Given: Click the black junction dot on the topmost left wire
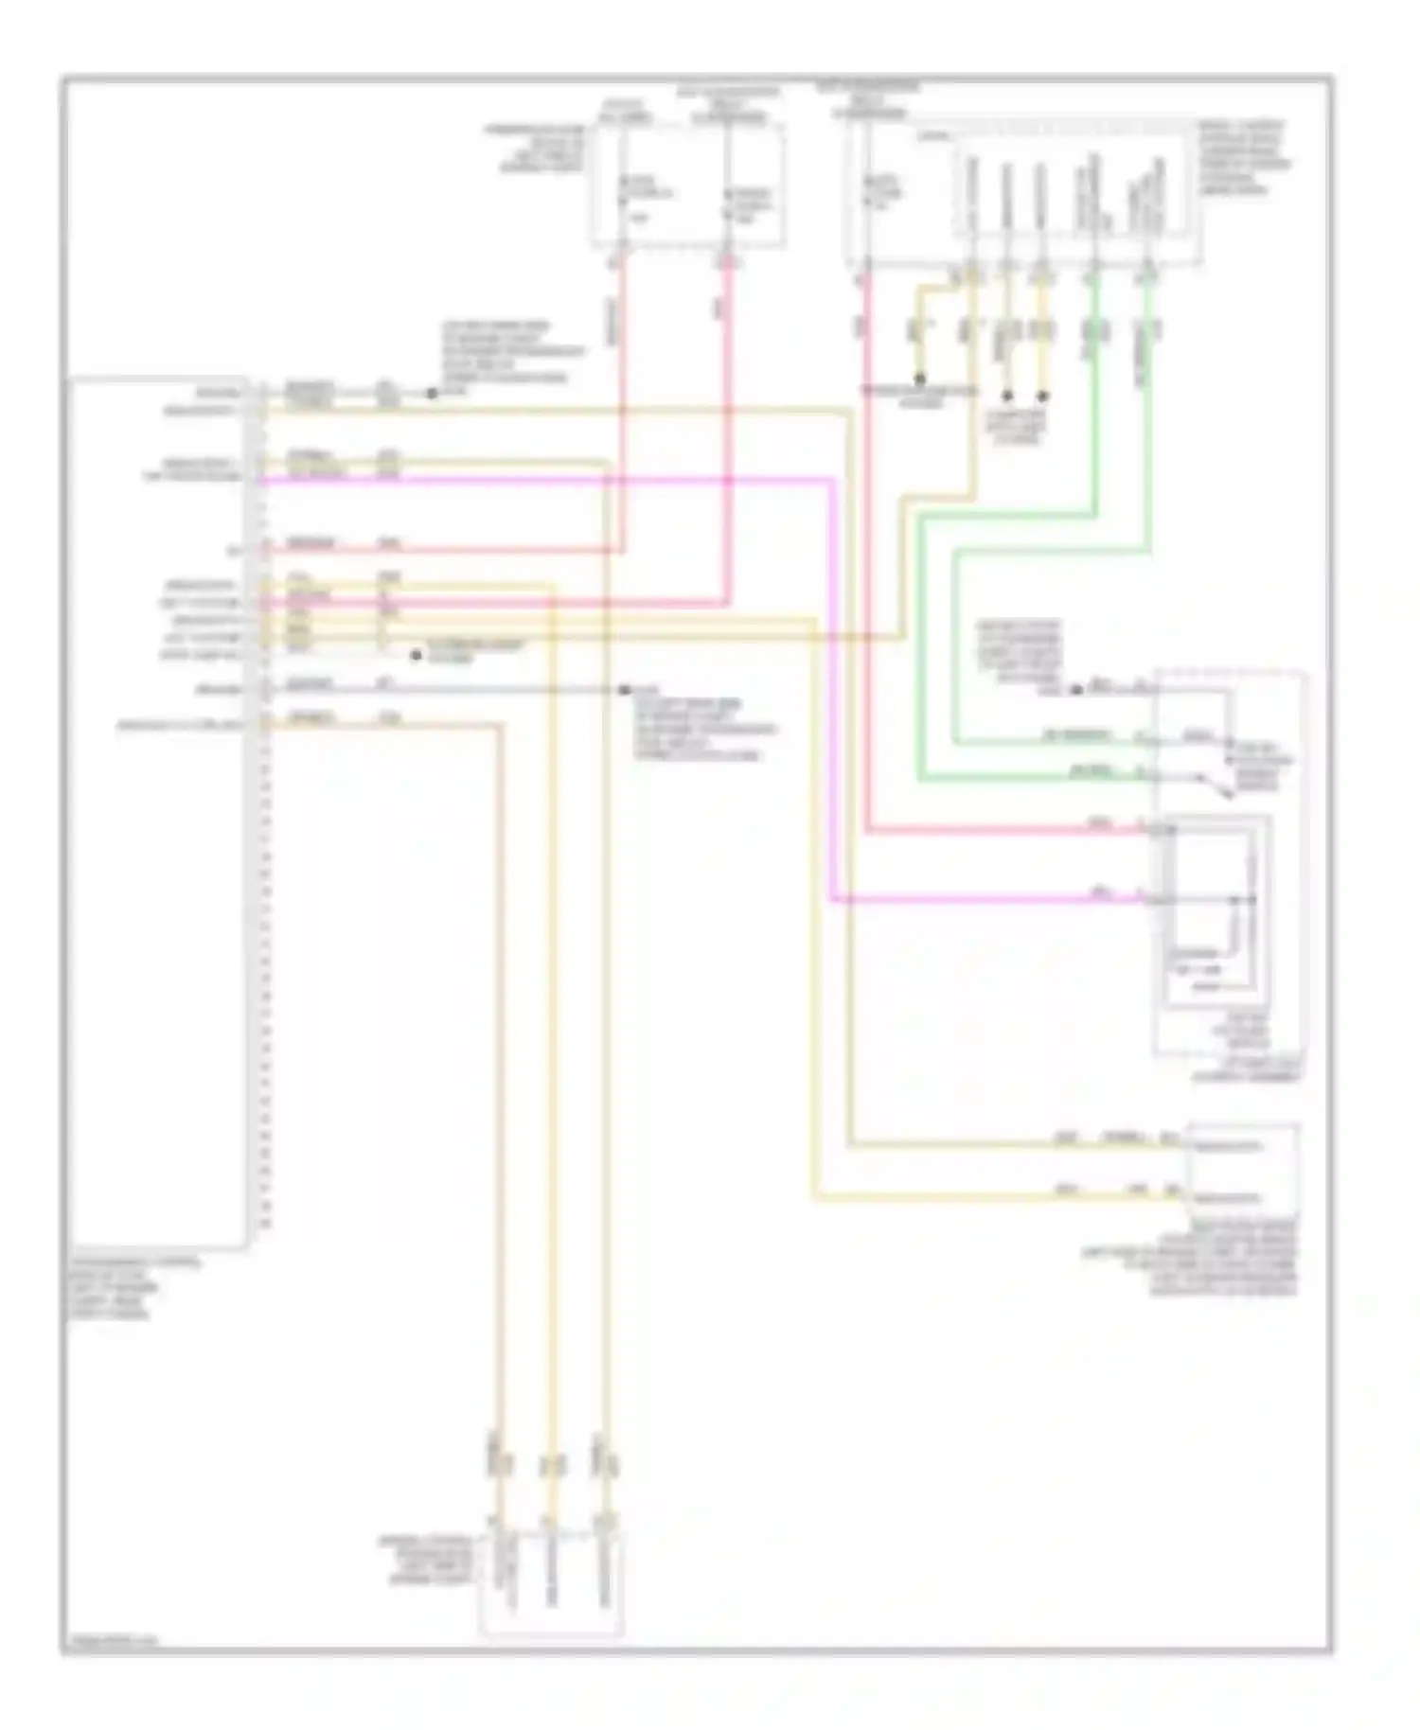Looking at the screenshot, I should [x=432, y=393].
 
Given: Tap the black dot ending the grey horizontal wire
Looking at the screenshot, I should [x=624, y=690].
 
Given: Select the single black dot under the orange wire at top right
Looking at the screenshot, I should [x=920, y=380].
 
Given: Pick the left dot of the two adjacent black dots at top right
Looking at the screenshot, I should [x=1007, y=395].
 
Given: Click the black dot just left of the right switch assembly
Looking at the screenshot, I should [x=1076, y=690].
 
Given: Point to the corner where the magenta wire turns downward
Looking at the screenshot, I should [x=833, y=481].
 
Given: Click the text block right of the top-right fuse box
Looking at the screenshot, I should [x=1242, y=157].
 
